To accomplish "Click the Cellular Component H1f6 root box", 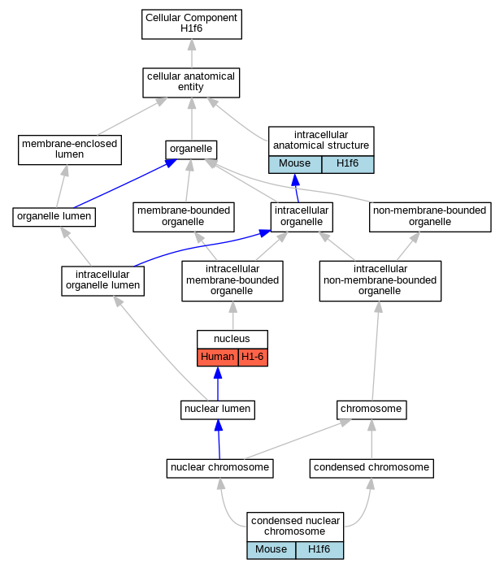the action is pyautogui.click(x=192, y=24).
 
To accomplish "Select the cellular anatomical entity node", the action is pyautogui.click(x=191, y=83).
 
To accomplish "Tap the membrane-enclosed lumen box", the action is pyautogui.click(x=70, y=150).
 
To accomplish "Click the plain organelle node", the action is pyautogui.click(x=191, y=150).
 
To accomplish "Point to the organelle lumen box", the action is pyautogui.click(x=54, y=217).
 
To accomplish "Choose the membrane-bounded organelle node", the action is pyautogui.click(x=184, y=217).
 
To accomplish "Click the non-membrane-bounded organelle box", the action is pyautogui.click(x=430, y=217).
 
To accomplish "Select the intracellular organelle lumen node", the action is pyautogui.click(x=103, y=281).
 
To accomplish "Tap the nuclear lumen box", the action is pyautogui.click(x=218, y=410).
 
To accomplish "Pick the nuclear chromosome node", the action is pyautogui.click(x=220, y=468).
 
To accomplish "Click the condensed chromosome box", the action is pyautogui.click(x=371, y=468).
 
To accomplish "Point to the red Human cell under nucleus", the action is pyautogui.click(x=217, y=358).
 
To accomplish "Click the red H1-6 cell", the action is pyautogui.click(x=253, y=358).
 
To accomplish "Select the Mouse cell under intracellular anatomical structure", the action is pyautogui.click(x=295, y=164).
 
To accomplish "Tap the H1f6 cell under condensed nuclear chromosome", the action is pyautogui.click(x=319, y=550).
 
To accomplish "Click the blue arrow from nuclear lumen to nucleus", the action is pyautogui.click(x=218, y=384).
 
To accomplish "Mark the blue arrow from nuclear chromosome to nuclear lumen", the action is pyautogui.click(x=219, y=440).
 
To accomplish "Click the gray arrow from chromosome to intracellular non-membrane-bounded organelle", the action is pyautogui.click(x=376, y=351).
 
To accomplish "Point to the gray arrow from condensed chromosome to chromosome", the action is pyautogui.click(x=371, y=440).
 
